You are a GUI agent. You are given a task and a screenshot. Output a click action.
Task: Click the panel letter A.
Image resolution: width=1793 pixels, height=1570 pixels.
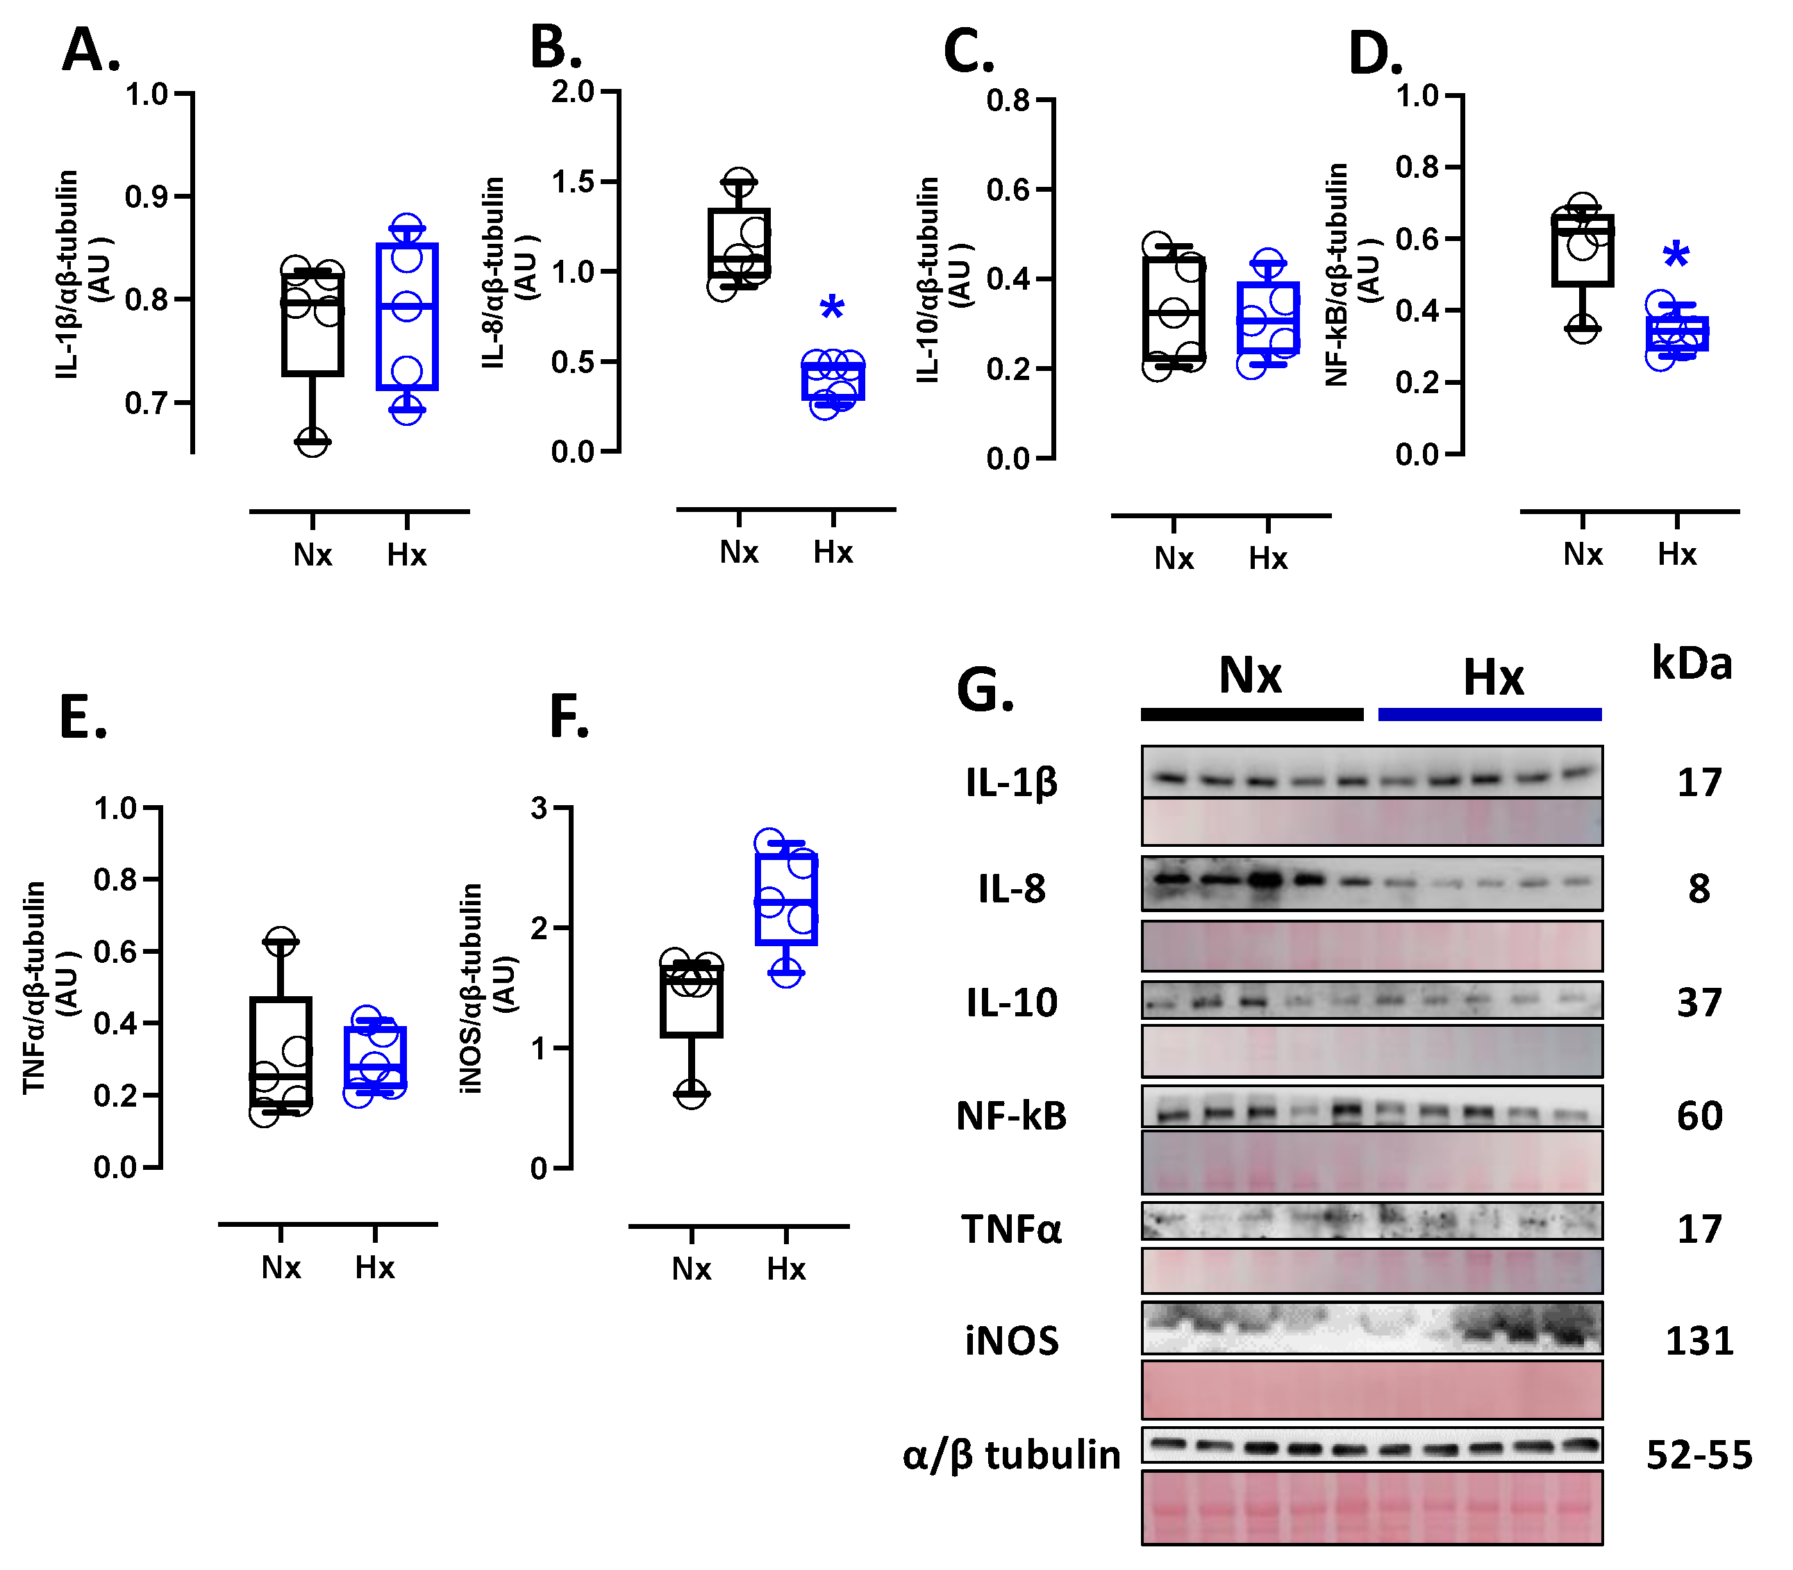point(90,50)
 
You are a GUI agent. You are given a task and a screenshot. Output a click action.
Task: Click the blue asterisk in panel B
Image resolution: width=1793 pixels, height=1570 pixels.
point(831,309)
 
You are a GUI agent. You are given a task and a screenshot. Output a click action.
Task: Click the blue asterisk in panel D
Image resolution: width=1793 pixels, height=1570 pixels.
point(1675,256)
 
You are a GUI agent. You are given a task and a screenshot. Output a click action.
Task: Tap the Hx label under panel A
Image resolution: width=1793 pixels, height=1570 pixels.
point(406,554)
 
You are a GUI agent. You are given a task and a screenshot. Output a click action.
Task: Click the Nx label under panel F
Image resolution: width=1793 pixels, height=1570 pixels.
point(691,1269)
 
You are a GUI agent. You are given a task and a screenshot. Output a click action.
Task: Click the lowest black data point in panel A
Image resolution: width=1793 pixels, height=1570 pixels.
point(312,443)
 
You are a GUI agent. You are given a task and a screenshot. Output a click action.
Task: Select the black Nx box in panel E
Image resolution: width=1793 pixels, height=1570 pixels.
point(281,1051)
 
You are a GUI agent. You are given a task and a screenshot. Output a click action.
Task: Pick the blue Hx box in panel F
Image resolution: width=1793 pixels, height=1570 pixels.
point(785,899)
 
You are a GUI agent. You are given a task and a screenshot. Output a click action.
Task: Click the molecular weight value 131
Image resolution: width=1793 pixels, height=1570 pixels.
point(1699,1341)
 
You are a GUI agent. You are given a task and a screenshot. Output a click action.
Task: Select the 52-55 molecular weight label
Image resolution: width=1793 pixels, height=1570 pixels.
point(1699,1455)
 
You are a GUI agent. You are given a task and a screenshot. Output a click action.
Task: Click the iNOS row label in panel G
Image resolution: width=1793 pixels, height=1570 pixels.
point(1011,1341)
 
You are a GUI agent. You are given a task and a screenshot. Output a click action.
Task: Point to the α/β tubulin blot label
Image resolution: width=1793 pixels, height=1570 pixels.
point(1011,1455)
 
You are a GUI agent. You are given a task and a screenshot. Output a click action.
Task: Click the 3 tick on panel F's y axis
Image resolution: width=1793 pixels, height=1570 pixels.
point(539,808)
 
